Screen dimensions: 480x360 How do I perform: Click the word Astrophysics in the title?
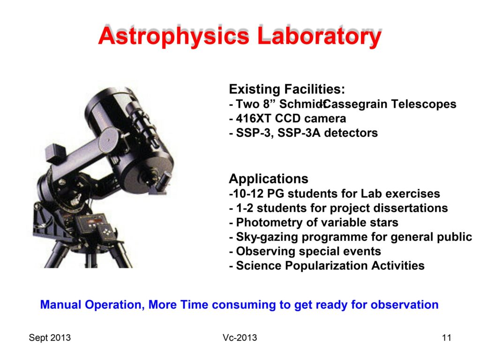tap(174, 36)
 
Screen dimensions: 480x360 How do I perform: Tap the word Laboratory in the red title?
tap(319, 36)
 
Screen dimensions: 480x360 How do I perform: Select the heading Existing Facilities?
tap(287, 89)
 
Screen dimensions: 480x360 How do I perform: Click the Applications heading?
tap(269, 179)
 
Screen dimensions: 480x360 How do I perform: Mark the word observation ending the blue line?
tap(405, 305)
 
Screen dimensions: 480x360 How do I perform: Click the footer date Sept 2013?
tap(50, 337)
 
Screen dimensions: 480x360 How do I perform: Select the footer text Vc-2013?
tap(240, 337)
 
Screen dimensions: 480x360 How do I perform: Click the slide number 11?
tap(447, 337)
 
